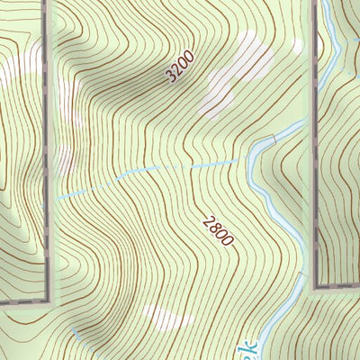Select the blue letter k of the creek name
pyautogui.click(x=251, y=346)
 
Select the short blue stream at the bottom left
pyautogui.click(x=79, y=334)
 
